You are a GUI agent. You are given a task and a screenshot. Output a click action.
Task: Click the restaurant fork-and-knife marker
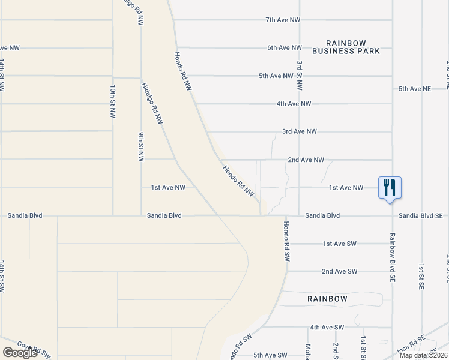coord(390,187)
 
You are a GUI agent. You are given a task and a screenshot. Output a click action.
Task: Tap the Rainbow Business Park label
coord(353,47)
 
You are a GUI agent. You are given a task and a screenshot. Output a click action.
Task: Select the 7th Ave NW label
coord(283,20)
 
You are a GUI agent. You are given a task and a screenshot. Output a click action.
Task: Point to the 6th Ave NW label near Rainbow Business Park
coord(285,47)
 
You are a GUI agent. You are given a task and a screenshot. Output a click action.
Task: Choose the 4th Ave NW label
coord(294,104)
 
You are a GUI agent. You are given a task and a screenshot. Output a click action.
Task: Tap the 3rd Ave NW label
coord(300,131)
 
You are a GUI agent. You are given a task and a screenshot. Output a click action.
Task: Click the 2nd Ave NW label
coord(306,160)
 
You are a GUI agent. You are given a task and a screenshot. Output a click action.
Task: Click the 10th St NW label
coord(112,99)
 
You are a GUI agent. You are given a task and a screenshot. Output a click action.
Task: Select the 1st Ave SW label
coord(340,244)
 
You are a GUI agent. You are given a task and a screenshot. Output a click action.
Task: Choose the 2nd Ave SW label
coord(339,271)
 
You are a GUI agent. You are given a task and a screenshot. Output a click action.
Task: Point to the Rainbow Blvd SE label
coord(393,257)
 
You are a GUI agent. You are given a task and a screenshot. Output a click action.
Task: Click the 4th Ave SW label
coord(327,327)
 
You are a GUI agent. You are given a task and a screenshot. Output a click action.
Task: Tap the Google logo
coord(20,353)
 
